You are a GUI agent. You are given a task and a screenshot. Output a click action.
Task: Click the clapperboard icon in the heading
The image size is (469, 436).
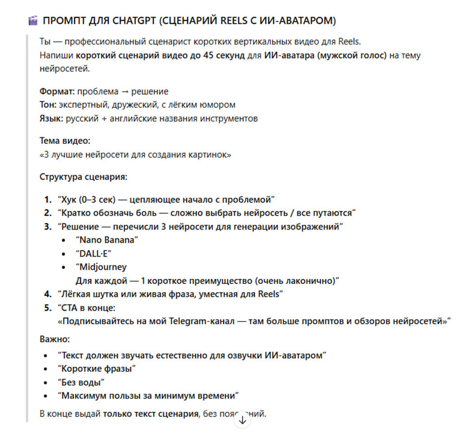click(33, 21)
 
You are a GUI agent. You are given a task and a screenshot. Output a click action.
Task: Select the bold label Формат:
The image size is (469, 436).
click(57, 91)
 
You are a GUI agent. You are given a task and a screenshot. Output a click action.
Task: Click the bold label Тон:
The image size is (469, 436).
click(49, 104)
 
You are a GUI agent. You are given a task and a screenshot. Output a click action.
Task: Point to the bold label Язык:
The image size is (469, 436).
click(51, 118)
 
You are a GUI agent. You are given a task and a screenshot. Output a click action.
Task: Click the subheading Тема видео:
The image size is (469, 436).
click(65, 141)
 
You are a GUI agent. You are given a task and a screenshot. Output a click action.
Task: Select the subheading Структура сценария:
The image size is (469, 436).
click(83, 177)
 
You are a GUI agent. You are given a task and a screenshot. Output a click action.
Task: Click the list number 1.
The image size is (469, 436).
click(47, 199)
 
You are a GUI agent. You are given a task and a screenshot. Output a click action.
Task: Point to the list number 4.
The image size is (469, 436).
click(47, 294)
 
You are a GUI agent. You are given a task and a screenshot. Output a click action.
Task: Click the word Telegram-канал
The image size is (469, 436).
click(199, 321)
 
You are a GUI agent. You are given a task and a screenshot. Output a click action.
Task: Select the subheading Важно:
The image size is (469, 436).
click(55, 339)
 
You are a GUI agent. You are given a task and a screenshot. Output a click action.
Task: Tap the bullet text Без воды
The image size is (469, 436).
click(81, 382)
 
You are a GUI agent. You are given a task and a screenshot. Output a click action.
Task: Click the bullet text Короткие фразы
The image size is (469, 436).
click(96, 369)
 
